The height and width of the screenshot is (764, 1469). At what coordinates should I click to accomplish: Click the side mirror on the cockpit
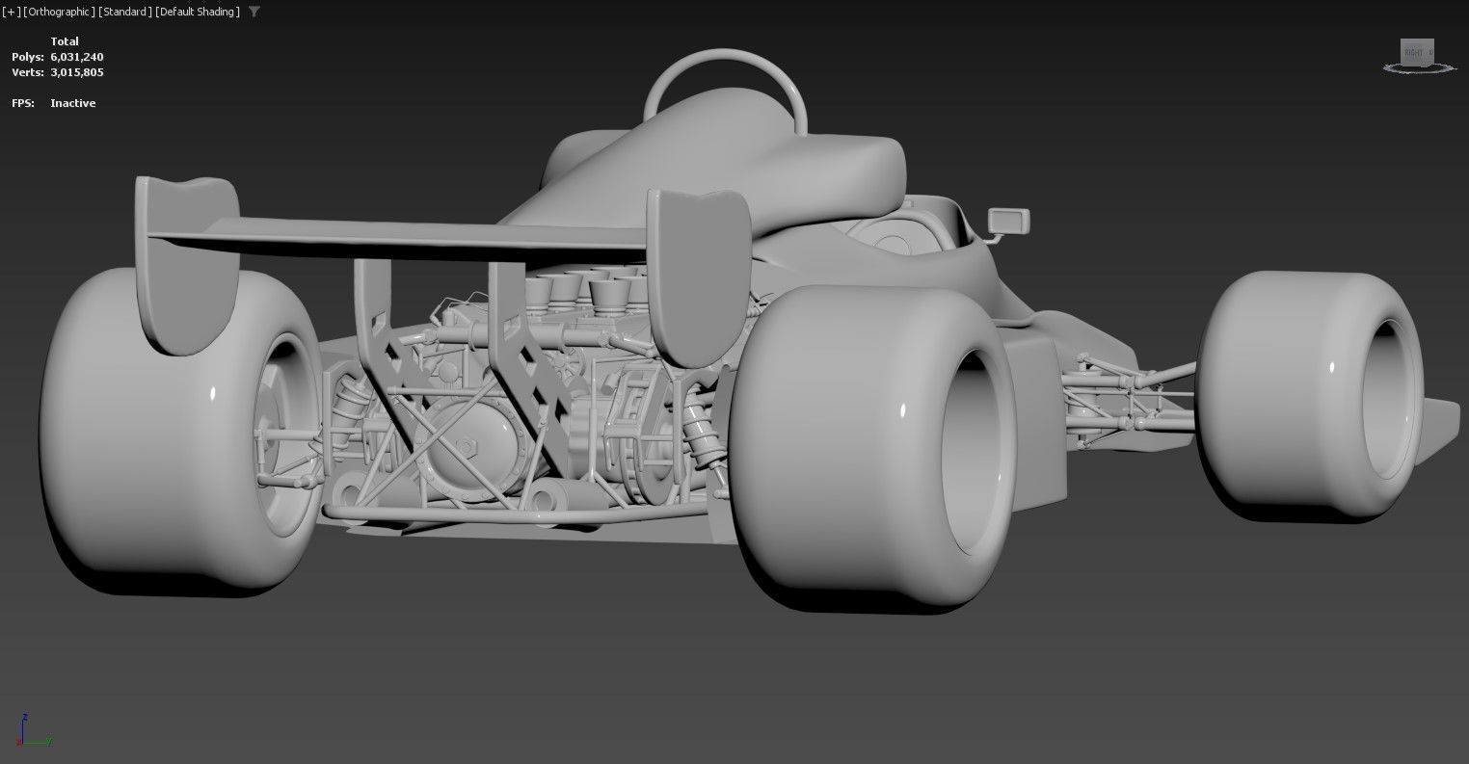[x=1007, y=222]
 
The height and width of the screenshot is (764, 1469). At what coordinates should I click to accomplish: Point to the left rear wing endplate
[x=186, y=260]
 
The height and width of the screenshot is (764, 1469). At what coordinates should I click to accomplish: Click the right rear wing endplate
[x=696, y=275]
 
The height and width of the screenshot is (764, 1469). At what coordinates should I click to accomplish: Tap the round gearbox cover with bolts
[x=471, y=453]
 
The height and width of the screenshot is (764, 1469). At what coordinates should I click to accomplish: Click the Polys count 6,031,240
[x=77, y=57]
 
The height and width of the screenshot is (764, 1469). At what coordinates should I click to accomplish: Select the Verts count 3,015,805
[x=77, y=72]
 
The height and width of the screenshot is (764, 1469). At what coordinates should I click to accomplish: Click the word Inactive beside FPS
[x=73, y=103]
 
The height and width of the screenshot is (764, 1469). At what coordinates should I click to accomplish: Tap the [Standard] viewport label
[x=123, y=12]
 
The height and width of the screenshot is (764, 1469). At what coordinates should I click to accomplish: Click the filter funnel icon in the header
[x=254, y=12]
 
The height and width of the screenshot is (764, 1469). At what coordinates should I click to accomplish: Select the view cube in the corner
[x=1416, y=54]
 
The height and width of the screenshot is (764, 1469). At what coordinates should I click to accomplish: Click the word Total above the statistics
[x=65, y=41]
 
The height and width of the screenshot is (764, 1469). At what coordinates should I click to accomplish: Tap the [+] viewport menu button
[x=12, y=12]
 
